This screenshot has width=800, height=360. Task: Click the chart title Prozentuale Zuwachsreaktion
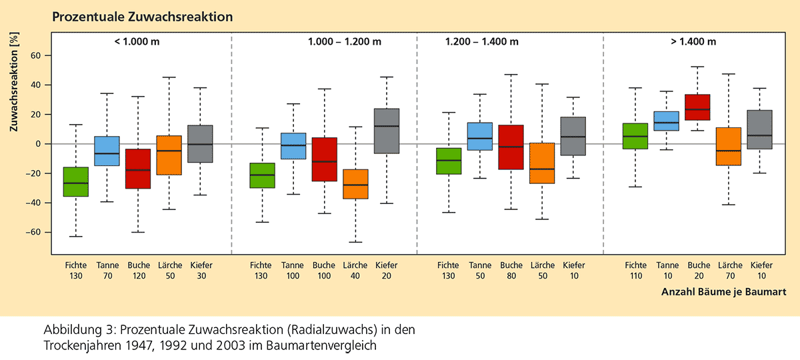(x=143, y=17)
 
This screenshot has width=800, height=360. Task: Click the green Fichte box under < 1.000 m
(x=75, y=181)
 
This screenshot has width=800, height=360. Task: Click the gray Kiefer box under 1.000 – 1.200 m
(x=387, y=131)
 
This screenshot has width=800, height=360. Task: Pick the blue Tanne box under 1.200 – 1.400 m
(x=479, y=137)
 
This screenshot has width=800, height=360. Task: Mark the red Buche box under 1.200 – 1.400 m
(x=511, y=147)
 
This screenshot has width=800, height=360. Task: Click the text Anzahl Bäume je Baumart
(x=723, y=292)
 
